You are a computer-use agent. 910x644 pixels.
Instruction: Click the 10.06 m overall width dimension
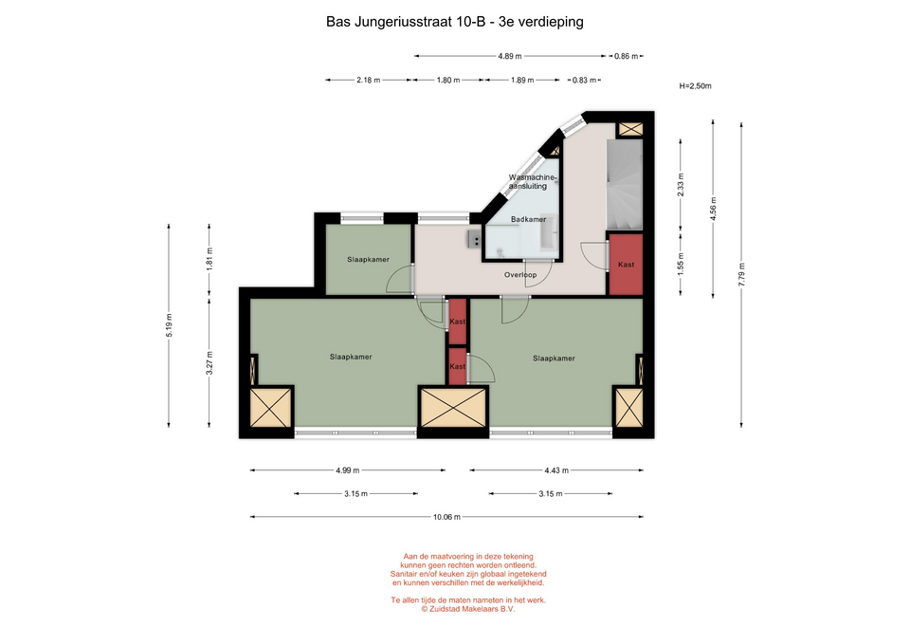[x=446, y=517]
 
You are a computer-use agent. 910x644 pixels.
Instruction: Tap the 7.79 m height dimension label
[x=741, y=275]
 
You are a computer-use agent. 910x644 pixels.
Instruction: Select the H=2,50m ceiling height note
[x=695, y=86]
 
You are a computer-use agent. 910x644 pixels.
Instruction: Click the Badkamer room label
[x=528, y=219]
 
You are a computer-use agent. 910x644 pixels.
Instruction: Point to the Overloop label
[x=520, y=275]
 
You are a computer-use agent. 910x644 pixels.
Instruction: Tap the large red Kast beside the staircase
[x=626, y=265]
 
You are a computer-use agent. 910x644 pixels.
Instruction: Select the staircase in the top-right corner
[x=625, y=184]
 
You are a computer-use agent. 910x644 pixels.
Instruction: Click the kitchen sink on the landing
[x=474, y=239]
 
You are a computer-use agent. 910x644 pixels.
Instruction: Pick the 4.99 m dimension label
[x=347, y=470]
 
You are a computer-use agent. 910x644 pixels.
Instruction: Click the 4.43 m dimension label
[x=556, y=470]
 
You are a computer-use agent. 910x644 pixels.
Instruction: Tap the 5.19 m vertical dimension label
[x=169, y=325]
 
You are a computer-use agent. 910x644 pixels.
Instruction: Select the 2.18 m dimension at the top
[x=369, y=80]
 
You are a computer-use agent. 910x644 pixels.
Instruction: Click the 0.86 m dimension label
[x=626, y=56]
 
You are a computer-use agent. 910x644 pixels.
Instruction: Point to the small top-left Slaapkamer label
[x=368, y=260]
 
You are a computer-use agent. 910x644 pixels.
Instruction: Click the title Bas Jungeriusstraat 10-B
[x=405, y=22]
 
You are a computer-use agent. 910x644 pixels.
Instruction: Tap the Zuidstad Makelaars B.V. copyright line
[x=467, y=609]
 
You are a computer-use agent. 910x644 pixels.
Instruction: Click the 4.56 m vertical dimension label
[x=713, y=209]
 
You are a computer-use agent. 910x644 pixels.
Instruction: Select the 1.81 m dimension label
[x=209, y=258]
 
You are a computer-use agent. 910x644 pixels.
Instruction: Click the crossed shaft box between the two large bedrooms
[x=453, y=408]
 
